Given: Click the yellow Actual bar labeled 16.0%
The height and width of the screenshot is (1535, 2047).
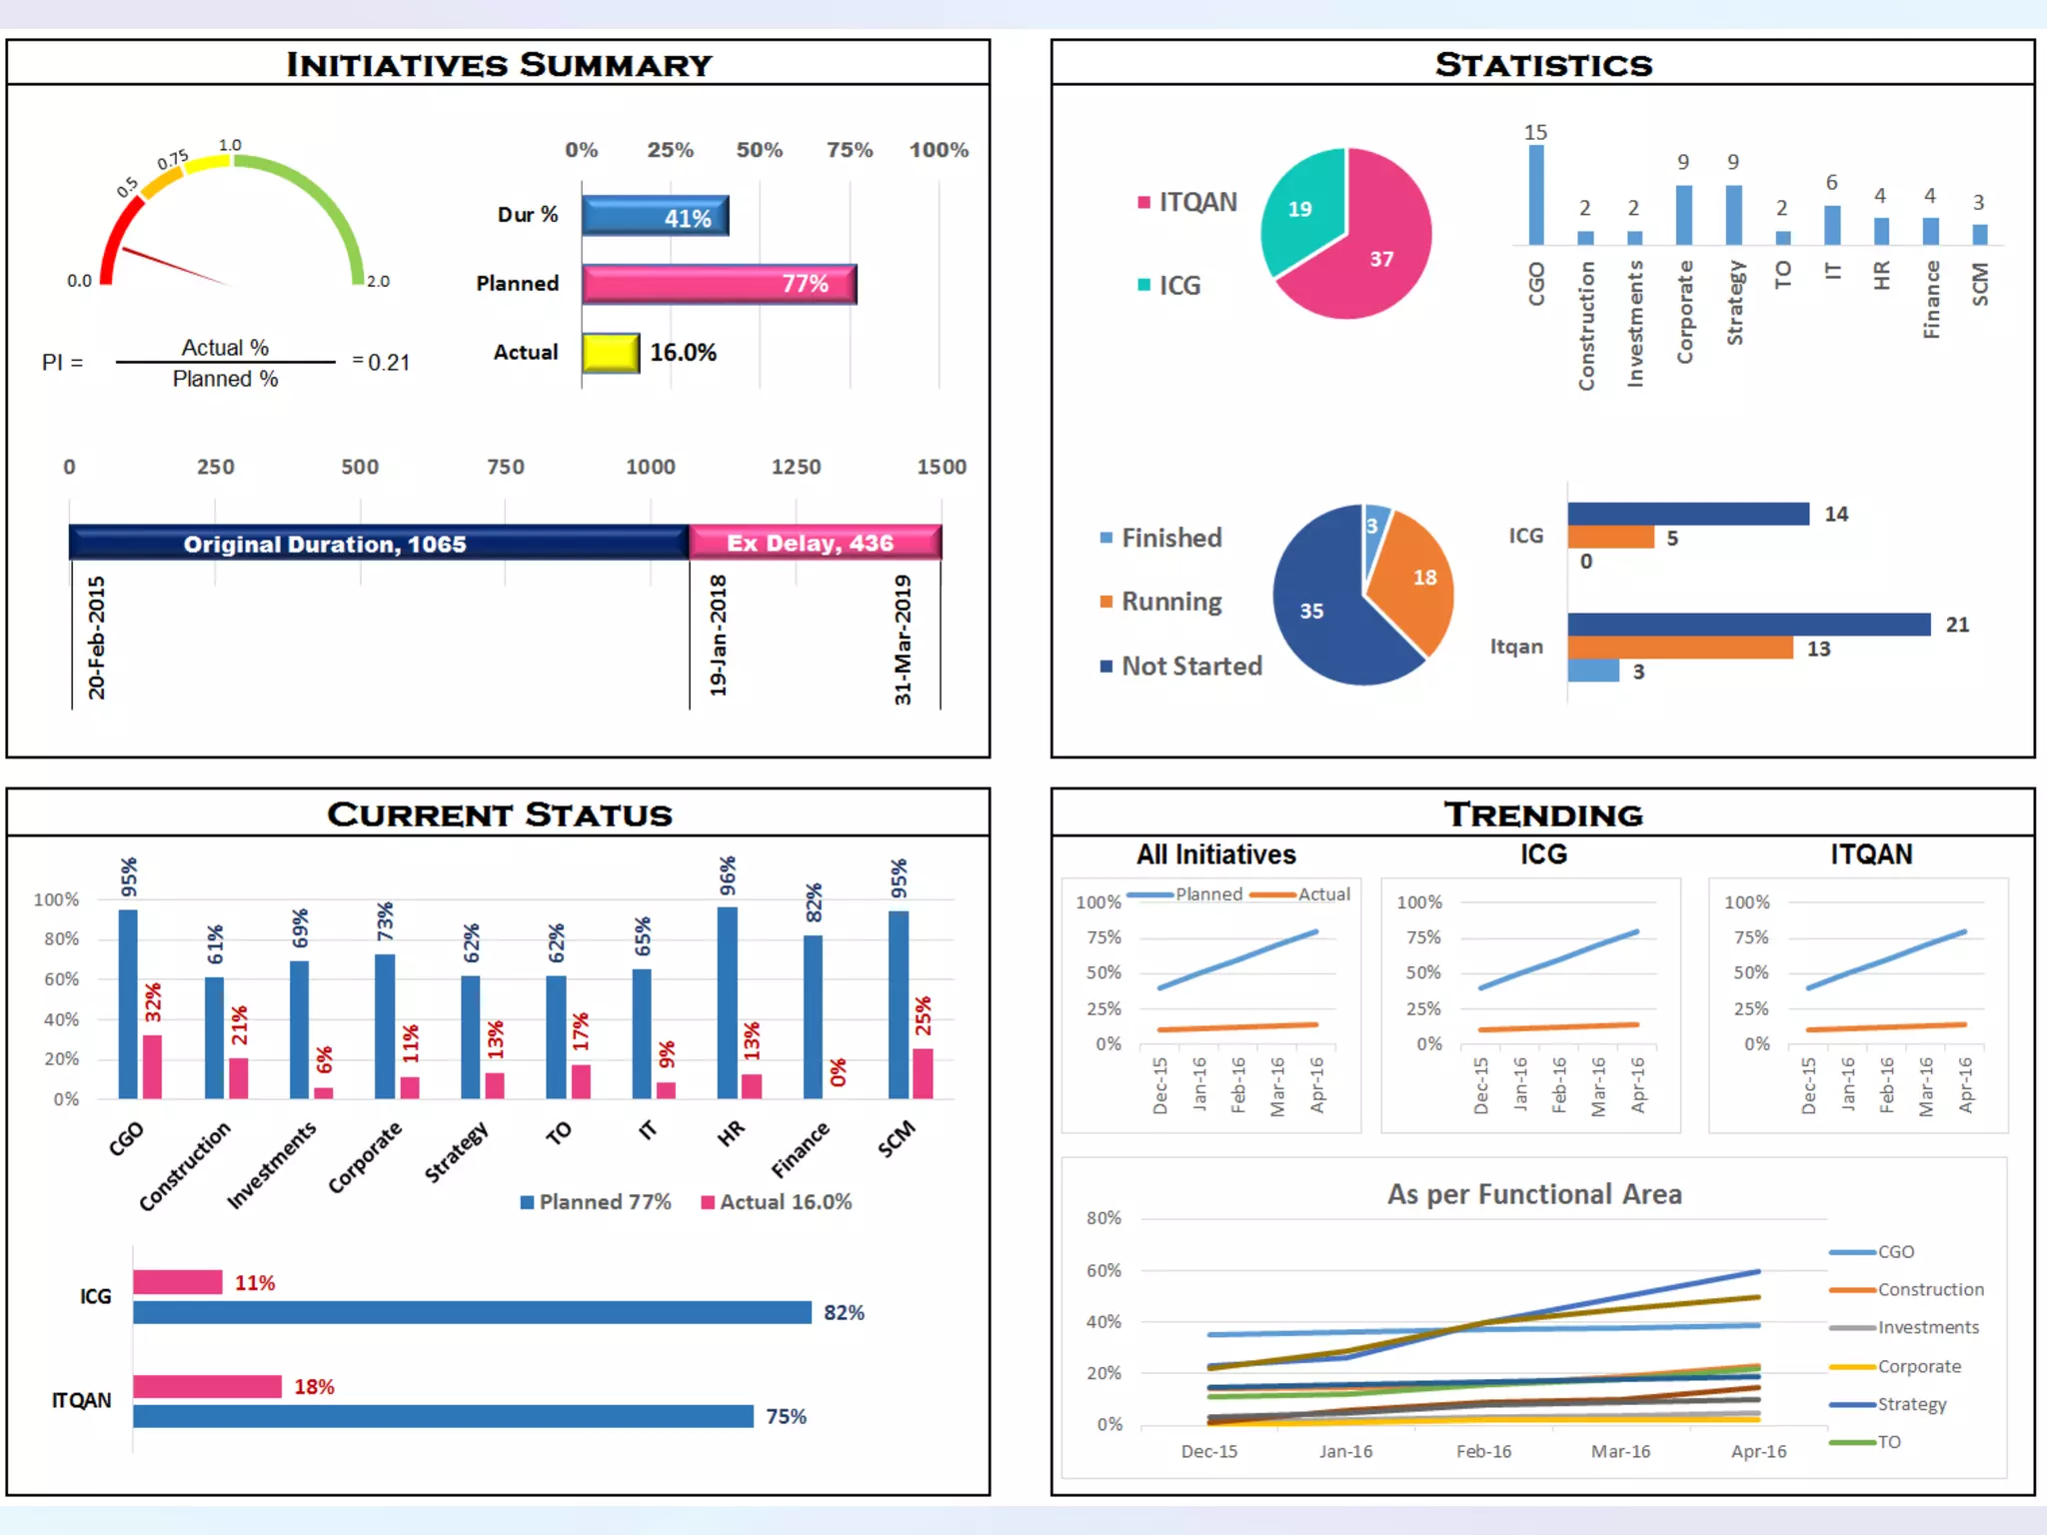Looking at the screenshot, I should coord(610,353).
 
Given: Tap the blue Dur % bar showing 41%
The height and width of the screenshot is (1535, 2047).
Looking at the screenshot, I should coord(655,216).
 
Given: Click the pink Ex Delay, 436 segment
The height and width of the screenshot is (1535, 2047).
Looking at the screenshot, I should coord(814,543).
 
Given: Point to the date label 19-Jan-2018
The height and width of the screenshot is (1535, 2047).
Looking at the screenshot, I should coord(718,635).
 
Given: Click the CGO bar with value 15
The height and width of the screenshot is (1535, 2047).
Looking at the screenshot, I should coord(1535,195).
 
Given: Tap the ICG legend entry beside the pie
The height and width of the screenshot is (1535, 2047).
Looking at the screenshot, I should coord(1171,286).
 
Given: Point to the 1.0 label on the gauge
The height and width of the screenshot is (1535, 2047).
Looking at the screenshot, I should coord(230,145).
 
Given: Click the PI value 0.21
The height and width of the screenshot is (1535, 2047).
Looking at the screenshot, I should coord(388,363).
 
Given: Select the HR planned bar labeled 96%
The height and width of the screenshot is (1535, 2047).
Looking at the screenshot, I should coord(728,1001).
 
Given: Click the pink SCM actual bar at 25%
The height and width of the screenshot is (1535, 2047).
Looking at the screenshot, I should coord(923,1073).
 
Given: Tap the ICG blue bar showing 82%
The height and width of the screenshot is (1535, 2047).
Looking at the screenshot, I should coord(472,1312).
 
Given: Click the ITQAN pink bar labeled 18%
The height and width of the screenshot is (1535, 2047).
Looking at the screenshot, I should coord(207,1386).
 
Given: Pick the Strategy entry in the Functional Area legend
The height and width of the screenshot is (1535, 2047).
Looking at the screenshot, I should coord(1911,1404).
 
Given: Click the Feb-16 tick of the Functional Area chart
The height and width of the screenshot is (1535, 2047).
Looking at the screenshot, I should coord(1483,1451).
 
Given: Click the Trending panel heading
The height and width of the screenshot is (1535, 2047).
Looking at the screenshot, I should coord(1542,814).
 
